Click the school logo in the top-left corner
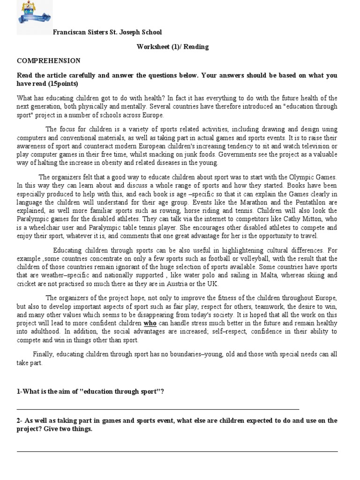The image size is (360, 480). (34, 17)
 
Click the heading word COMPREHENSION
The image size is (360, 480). (49, 61)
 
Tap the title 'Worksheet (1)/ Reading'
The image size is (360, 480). (172, 47)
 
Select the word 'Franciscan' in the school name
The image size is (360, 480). (69, 32)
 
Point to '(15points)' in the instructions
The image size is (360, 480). (63, 83)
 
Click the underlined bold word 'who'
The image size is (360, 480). (150, 323)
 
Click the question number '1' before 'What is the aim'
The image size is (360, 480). (18, 392)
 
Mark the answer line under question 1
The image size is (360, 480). (157, 409)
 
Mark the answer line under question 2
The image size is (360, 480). (177, 451)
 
